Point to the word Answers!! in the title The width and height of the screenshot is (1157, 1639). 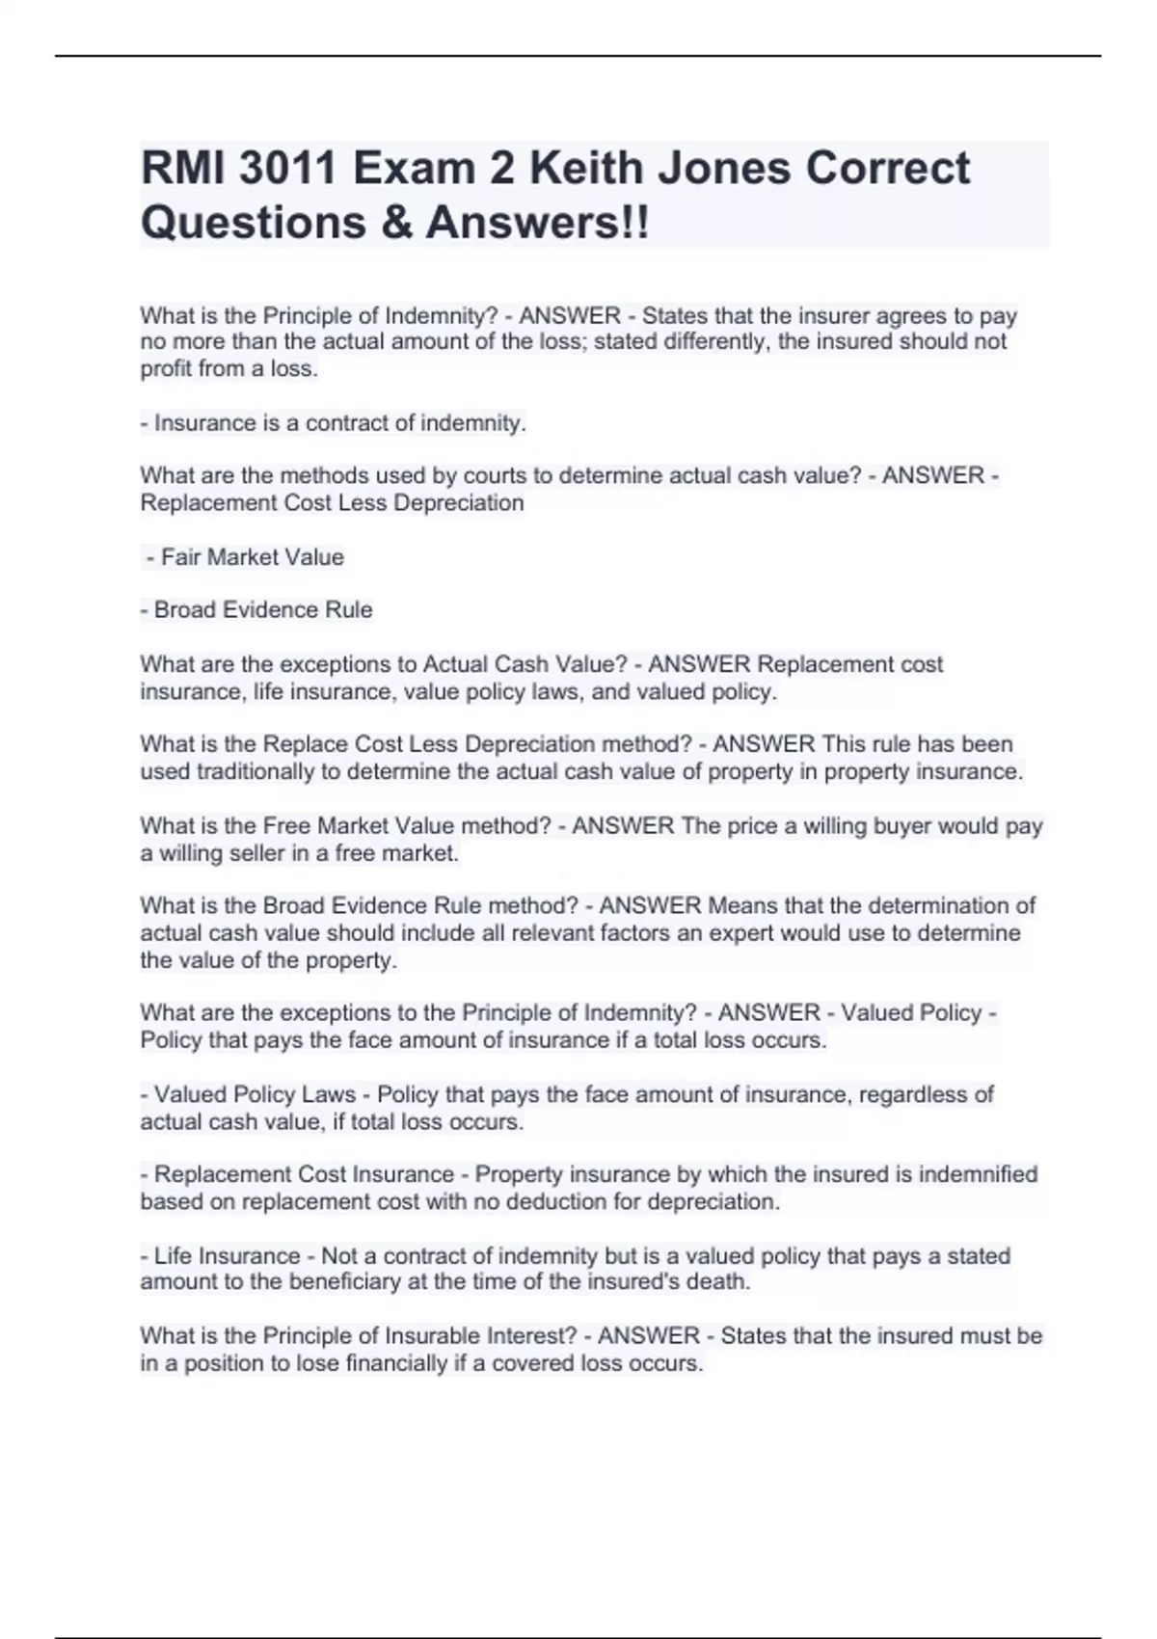coord(538,223)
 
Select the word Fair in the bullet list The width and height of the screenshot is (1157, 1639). coord(180,557)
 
